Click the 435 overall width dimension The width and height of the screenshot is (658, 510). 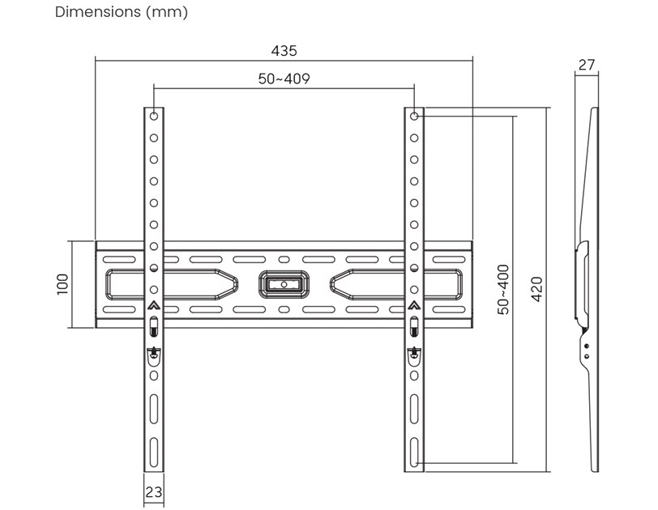[284, 51]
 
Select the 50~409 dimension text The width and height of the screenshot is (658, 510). [284, 79]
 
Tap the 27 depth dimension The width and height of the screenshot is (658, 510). [587, 65]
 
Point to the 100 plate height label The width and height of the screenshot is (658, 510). [62, 284]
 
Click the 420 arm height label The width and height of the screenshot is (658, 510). [536, 289]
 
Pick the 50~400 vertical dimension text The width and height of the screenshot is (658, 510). [502, 289]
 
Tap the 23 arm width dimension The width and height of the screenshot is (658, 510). [154, 491]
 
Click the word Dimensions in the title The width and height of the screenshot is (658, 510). [98, 11]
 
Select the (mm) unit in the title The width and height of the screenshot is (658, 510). [167, 12]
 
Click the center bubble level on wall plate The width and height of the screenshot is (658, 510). [284, 284]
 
